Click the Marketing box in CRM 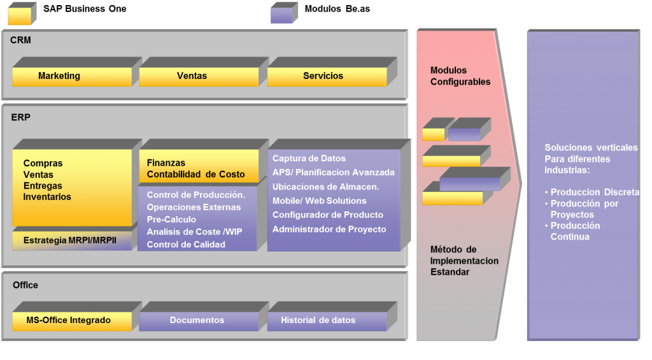coord(59,76)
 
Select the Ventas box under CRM coord(192,76)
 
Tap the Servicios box coord(323,76)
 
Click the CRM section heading coord(20,40)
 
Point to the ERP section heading coord(20,117)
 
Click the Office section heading coord(25,285)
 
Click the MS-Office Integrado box coord(69,320)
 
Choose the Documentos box coord(197,320)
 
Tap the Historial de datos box coord(318,320)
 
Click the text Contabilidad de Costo coord(195,175)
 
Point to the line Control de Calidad coord(186,244)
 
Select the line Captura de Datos coord(309,158)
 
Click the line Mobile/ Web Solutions coord(319,201)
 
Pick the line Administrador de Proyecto coord(329,229)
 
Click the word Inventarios coord(47,197)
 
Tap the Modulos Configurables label coord(460,76)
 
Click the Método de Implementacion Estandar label coord(464,261)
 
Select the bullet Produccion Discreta coord(594,192)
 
